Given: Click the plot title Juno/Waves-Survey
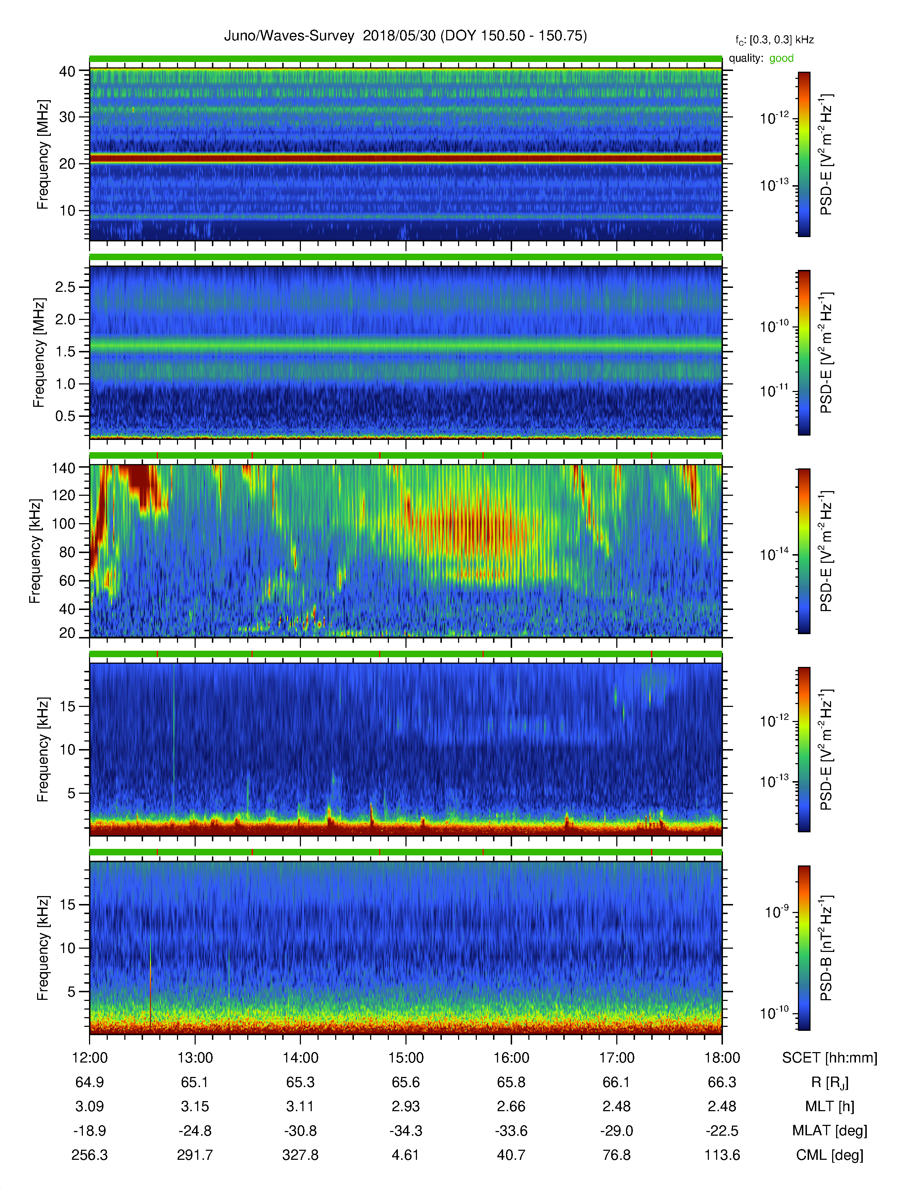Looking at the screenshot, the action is point(289,36).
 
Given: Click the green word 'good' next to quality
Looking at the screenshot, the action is point(781,58).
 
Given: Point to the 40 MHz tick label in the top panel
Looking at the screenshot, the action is point(67,71).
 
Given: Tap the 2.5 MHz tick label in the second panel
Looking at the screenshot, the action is point(65,287).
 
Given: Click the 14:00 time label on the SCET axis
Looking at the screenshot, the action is point(301,1058).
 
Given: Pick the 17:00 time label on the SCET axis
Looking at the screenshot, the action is point(617,1058).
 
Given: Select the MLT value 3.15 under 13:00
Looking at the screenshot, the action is point(195,1106).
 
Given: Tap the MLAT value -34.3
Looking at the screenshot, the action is point(405,1131).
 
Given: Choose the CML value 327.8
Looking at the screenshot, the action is point(301,1155).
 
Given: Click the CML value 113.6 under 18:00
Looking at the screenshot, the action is point(722,1155).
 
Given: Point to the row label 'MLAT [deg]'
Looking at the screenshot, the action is point(829,1131).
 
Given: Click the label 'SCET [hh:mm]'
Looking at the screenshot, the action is point(830,1058).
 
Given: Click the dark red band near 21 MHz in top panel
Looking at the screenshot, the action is point(405,159).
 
